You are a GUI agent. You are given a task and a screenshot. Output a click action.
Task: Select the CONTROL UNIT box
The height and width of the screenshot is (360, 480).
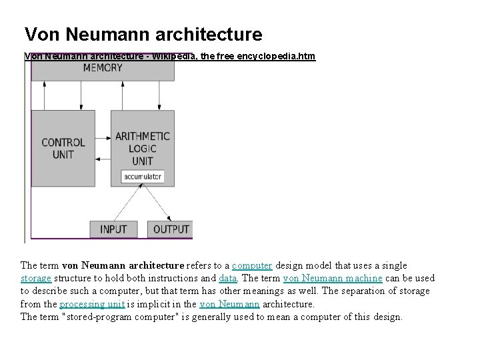63,147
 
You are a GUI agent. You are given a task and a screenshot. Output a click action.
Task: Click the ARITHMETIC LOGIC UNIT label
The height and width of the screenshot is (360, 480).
143,147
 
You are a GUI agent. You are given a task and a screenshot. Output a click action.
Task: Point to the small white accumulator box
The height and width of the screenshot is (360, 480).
142,177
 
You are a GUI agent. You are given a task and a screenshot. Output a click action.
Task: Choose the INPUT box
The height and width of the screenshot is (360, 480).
113,229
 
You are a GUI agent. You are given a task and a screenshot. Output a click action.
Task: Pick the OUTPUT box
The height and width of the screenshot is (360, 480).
171,229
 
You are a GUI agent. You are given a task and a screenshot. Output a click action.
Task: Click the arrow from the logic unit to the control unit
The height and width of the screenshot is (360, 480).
103,160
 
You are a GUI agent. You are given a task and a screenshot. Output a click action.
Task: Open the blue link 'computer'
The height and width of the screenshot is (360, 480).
251,265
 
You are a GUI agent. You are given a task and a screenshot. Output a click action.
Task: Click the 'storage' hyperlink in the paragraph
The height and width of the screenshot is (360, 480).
36,278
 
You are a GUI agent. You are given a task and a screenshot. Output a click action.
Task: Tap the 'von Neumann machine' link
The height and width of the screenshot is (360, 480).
333,278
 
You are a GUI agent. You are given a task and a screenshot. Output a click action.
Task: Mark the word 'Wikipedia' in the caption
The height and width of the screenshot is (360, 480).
175,56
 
